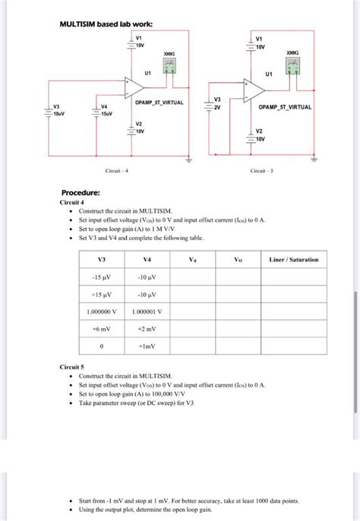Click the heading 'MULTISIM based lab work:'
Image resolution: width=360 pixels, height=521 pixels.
pos(106,24)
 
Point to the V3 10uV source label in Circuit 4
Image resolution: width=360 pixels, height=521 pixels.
pos(58,111)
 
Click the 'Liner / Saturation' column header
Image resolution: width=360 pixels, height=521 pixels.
pos(294,260)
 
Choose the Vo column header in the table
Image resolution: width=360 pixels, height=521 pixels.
pos(238,260)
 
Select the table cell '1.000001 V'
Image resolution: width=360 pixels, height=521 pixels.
pos(147,311)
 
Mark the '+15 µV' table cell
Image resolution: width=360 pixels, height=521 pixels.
pos(102,294)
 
